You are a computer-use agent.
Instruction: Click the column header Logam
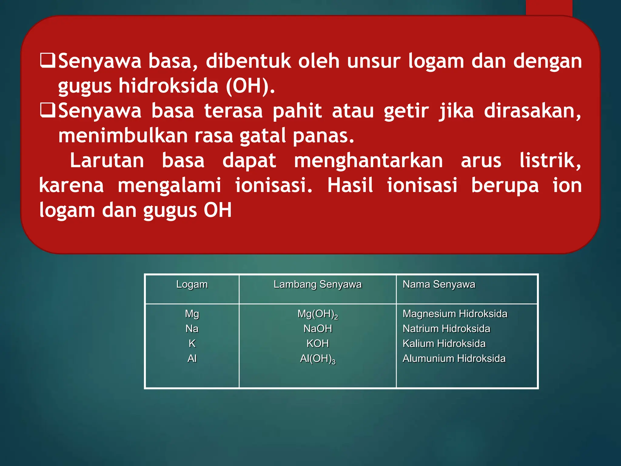[192, 285]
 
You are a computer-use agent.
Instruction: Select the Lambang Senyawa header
[317, 285]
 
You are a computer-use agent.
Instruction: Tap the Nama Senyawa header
[439, 285]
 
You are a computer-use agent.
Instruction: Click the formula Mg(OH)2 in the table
[317, 314]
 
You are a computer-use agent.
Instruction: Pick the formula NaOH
[317, 329]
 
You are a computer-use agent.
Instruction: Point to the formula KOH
[317, 343]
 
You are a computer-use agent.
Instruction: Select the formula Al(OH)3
[317, 359]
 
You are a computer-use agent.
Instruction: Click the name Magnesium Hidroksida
[455, 314]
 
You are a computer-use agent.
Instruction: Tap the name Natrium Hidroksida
[446, 329]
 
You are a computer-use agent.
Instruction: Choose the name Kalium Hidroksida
[444, 343]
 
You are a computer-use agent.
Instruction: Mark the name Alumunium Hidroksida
[454, 359]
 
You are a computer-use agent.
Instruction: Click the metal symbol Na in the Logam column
[192, 329]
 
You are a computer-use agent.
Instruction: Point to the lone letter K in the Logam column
[192, 343]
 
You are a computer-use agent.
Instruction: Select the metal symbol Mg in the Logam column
[192, 314]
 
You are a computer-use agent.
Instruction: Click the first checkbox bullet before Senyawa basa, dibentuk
[48, 60]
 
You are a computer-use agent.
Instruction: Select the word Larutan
[107, 160]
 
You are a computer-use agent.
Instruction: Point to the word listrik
[550, 160]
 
